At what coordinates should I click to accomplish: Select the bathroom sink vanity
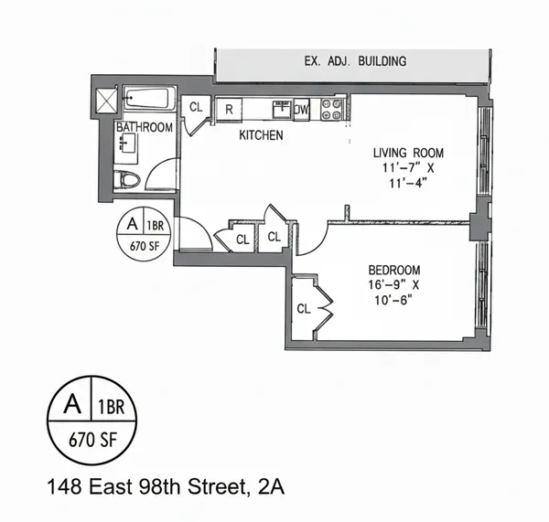pyautogui.click(x=124, y=147)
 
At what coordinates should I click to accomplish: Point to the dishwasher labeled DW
pyautogui.click(x=301, y=110)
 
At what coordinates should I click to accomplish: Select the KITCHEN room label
pyautogui.click(x=261, y=135)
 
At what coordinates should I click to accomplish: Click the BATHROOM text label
pyautogui.click(x=144, y=128)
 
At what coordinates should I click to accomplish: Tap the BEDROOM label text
pyautogui.click(x=393, y=270)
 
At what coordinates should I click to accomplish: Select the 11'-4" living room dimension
pyautogui.click(x=405, y=184)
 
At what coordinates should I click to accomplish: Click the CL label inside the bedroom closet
pyautogui.click(x=304, y=309)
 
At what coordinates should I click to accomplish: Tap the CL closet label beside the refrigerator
pyautogui.click(x=196, y=107)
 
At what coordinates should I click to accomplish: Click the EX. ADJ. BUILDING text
pyautogui.click(x=356, y=62)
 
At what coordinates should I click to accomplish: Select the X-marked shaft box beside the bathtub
pyautogui.click(x=105, y=97)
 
